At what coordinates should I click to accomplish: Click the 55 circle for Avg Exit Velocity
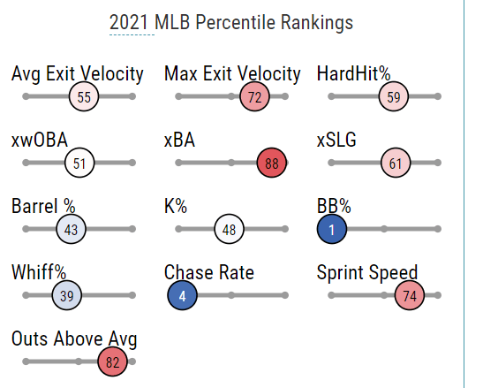(84, 96)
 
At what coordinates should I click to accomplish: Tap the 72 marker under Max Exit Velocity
(255, 96)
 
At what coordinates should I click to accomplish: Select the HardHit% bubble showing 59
(394, 96)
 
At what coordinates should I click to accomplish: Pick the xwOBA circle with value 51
(79, 163)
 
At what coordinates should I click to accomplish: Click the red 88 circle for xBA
(272, 163)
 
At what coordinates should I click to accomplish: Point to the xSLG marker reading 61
(396, 163)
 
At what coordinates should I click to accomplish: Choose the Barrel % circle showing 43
(72, 229)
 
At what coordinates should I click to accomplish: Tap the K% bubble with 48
(230, 229)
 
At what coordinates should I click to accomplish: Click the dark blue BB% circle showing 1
(332, 229)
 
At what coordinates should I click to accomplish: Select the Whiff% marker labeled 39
(67, 295)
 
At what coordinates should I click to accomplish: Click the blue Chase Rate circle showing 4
(183, 295)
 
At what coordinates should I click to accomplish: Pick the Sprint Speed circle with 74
(410, 295)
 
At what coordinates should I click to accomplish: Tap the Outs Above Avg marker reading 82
(112, 361)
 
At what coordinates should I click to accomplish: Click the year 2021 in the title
(129, 22)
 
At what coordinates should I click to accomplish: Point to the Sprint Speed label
(367, 272)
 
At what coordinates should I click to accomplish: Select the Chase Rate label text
(209, 272)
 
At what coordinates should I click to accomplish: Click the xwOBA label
(40, 140)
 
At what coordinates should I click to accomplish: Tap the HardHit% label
(353, 73)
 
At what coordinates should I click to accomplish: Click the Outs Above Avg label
(74, 339)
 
